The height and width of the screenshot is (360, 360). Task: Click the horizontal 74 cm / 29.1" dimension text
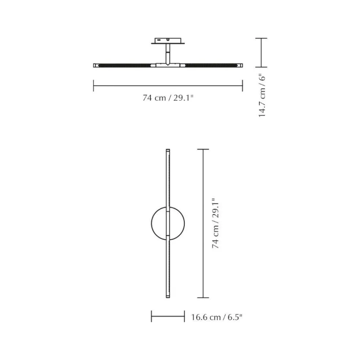click(x=168, y=98)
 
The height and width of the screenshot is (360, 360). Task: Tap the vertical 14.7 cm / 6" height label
click(x=262, y=95)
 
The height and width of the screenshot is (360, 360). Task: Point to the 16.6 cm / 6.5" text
click(x=217, y=317)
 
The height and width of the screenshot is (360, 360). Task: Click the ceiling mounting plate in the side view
click(x=168, y=41)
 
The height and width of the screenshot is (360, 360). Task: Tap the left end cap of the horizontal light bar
click(x=95, y=65)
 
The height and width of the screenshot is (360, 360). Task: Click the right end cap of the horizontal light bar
click(x=240, y=65)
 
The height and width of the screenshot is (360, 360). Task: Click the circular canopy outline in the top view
click(x=153, y=222)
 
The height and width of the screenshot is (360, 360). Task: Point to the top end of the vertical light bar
click(x=168, y=151)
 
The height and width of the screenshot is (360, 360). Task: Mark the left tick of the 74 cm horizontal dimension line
click(x=94, y=86)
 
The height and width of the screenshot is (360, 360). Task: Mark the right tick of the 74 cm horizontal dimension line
click(x=242, y=86)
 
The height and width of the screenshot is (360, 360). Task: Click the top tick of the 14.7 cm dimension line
click(x=261, y=38)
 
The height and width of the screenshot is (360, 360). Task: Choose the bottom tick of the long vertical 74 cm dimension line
click(x=203, y=297)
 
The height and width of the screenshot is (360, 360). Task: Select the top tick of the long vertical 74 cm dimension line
click(x=203, y=149)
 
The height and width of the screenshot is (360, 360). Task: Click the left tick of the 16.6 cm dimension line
click(x=151, y=316)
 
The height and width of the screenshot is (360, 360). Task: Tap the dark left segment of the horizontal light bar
click(x=124, y=65)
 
